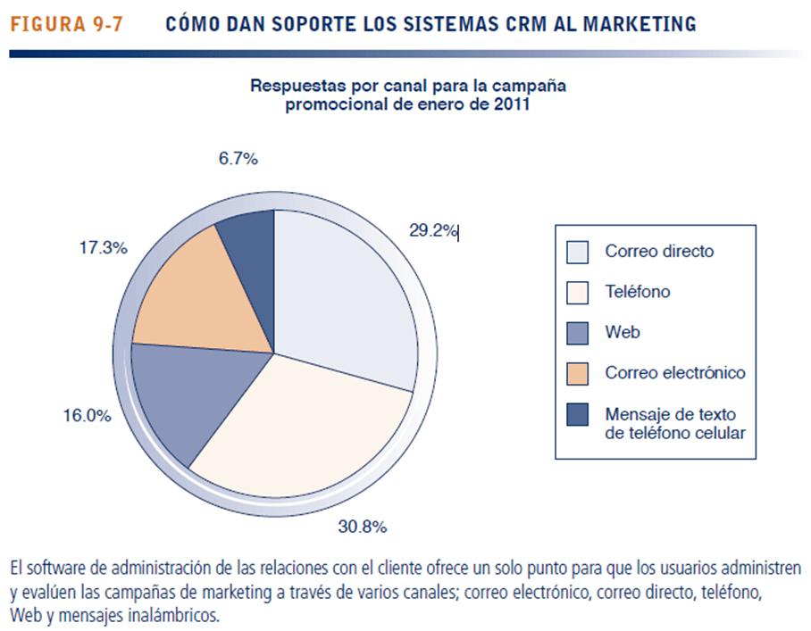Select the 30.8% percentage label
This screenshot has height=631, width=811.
point(361,527)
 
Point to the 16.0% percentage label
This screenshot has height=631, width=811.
point(87,416)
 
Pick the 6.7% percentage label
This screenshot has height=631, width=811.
point(238,159)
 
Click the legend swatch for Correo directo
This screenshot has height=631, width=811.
point(578,252)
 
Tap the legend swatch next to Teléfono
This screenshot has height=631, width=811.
point(578,292)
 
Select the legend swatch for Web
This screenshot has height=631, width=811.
point(578,333)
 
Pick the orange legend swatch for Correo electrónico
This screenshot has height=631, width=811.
point(578,373)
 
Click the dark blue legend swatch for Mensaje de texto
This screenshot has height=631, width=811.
point(578,414)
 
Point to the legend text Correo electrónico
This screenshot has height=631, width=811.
point(674,373)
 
